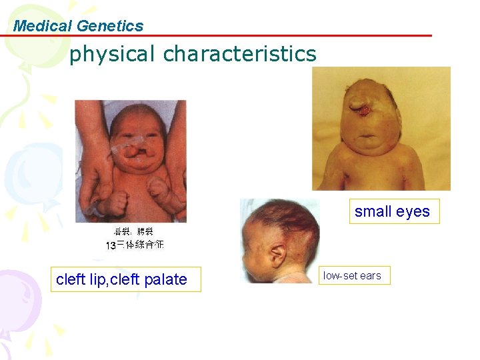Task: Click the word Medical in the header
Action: point(43,26)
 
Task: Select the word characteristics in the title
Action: point(240,53)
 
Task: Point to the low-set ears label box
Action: point(353,275)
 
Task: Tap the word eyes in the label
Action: point(413,211)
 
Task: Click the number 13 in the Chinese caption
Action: point(111,245)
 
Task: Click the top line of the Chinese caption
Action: point(133,232)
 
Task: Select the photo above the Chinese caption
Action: point(131,161)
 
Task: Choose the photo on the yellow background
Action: point(381,128)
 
